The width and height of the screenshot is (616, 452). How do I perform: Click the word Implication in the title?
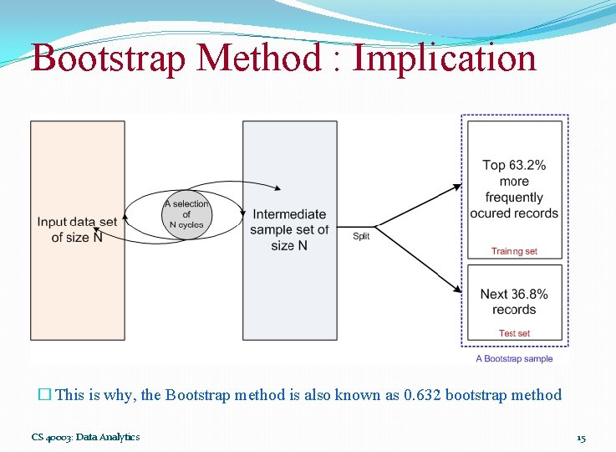444,59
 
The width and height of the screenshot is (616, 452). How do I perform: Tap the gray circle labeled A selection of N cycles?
186,214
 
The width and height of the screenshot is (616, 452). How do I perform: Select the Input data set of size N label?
77,229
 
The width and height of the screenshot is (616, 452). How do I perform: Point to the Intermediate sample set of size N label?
289,229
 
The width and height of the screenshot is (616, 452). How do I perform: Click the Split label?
361,237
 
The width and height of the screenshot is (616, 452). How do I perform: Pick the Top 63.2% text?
514,165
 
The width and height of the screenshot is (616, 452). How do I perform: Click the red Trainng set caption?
514,251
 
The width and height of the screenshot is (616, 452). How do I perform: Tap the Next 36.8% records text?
514,301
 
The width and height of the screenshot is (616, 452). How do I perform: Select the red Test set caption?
514,333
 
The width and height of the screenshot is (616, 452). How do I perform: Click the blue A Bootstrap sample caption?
514,359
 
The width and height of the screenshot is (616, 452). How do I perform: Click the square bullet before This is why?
45,395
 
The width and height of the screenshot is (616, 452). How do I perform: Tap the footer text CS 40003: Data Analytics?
85,437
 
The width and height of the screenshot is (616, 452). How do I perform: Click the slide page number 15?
581,438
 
